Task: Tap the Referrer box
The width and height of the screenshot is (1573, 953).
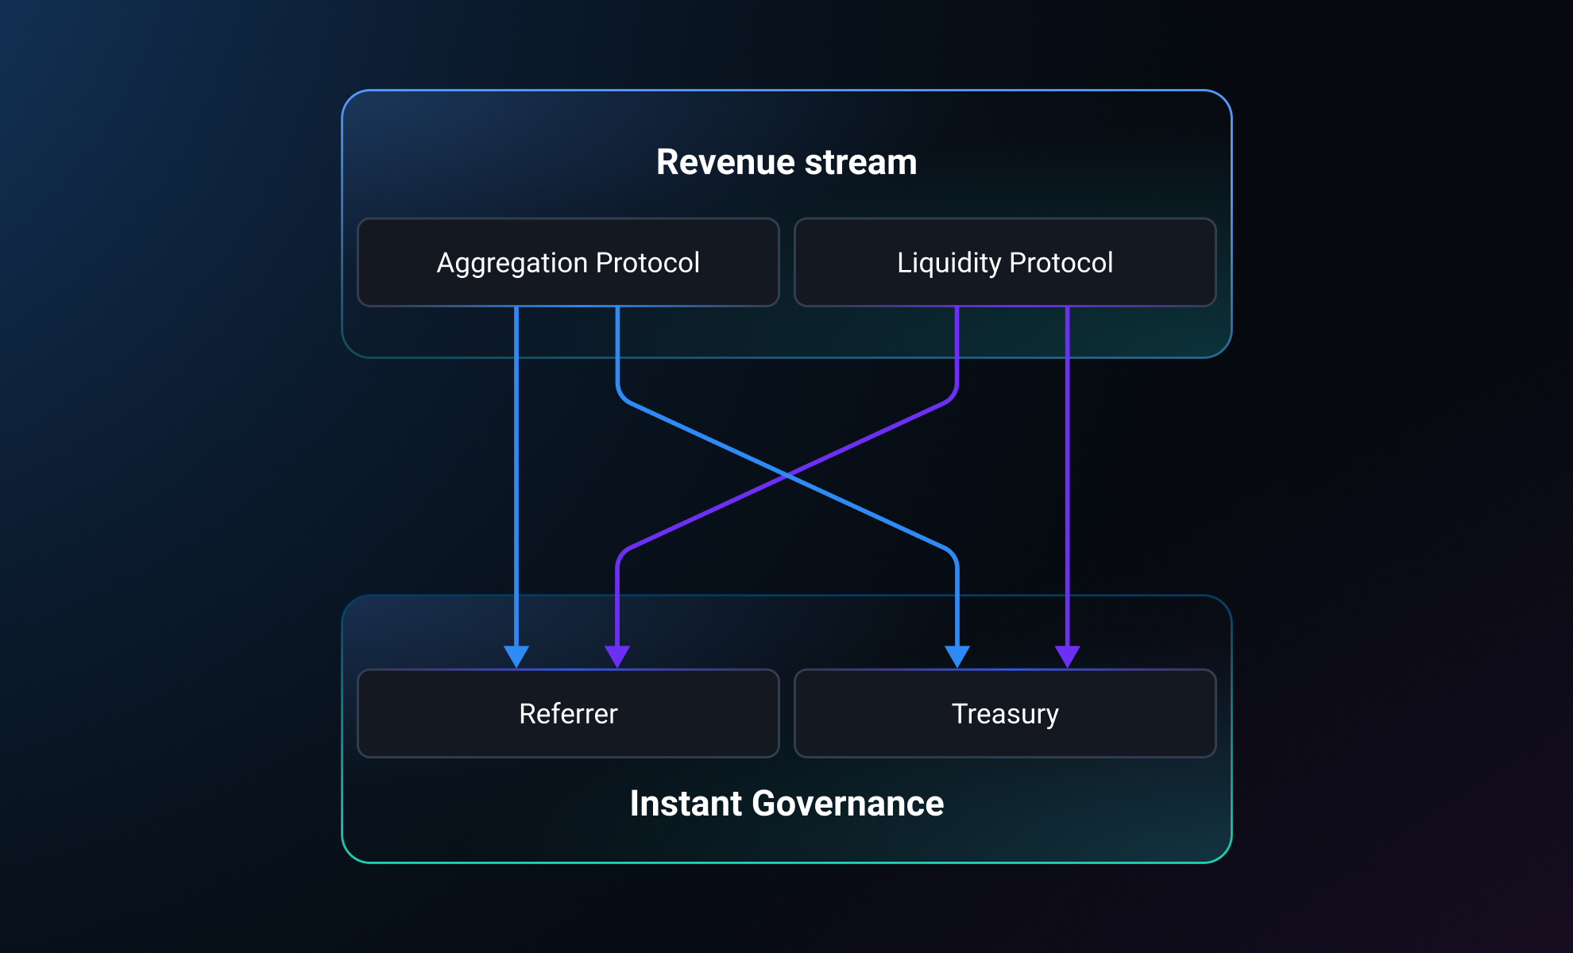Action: tap(568, 713)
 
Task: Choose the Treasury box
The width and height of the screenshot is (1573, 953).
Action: tap(1005, 713)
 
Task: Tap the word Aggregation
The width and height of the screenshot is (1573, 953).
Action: tap(512, 264)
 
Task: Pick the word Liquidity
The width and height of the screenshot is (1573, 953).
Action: tap(949, 264)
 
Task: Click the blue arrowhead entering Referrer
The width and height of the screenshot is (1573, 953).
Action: tap(516, 655)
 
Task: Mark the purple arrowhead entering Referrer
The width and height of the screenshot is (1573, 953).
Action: tap(617, 655)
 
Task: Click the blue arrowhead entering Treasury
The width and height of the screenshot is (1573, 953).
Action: tap(957, 655)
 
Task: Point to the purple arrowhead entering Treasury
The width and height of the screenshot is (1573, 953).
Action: tap(1067, 655)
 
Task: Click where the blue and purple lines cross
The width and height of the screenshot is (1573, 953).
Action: tap(786, 476)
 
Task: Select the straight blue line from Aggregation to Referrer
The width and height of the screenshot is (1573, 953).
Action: tap(516, 476)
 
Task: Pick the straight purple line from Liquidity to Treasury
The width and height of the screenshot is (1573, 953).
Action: tap(1067, 476)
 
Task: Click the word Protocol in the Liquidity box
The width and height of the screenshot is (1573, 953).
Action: tap(1061, 263)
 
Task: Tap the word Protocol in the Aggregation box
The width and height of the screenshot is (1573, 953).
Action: tap(647, 263)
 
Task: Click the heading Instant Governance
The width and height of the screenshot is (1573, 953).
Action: tap(786, 804)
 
